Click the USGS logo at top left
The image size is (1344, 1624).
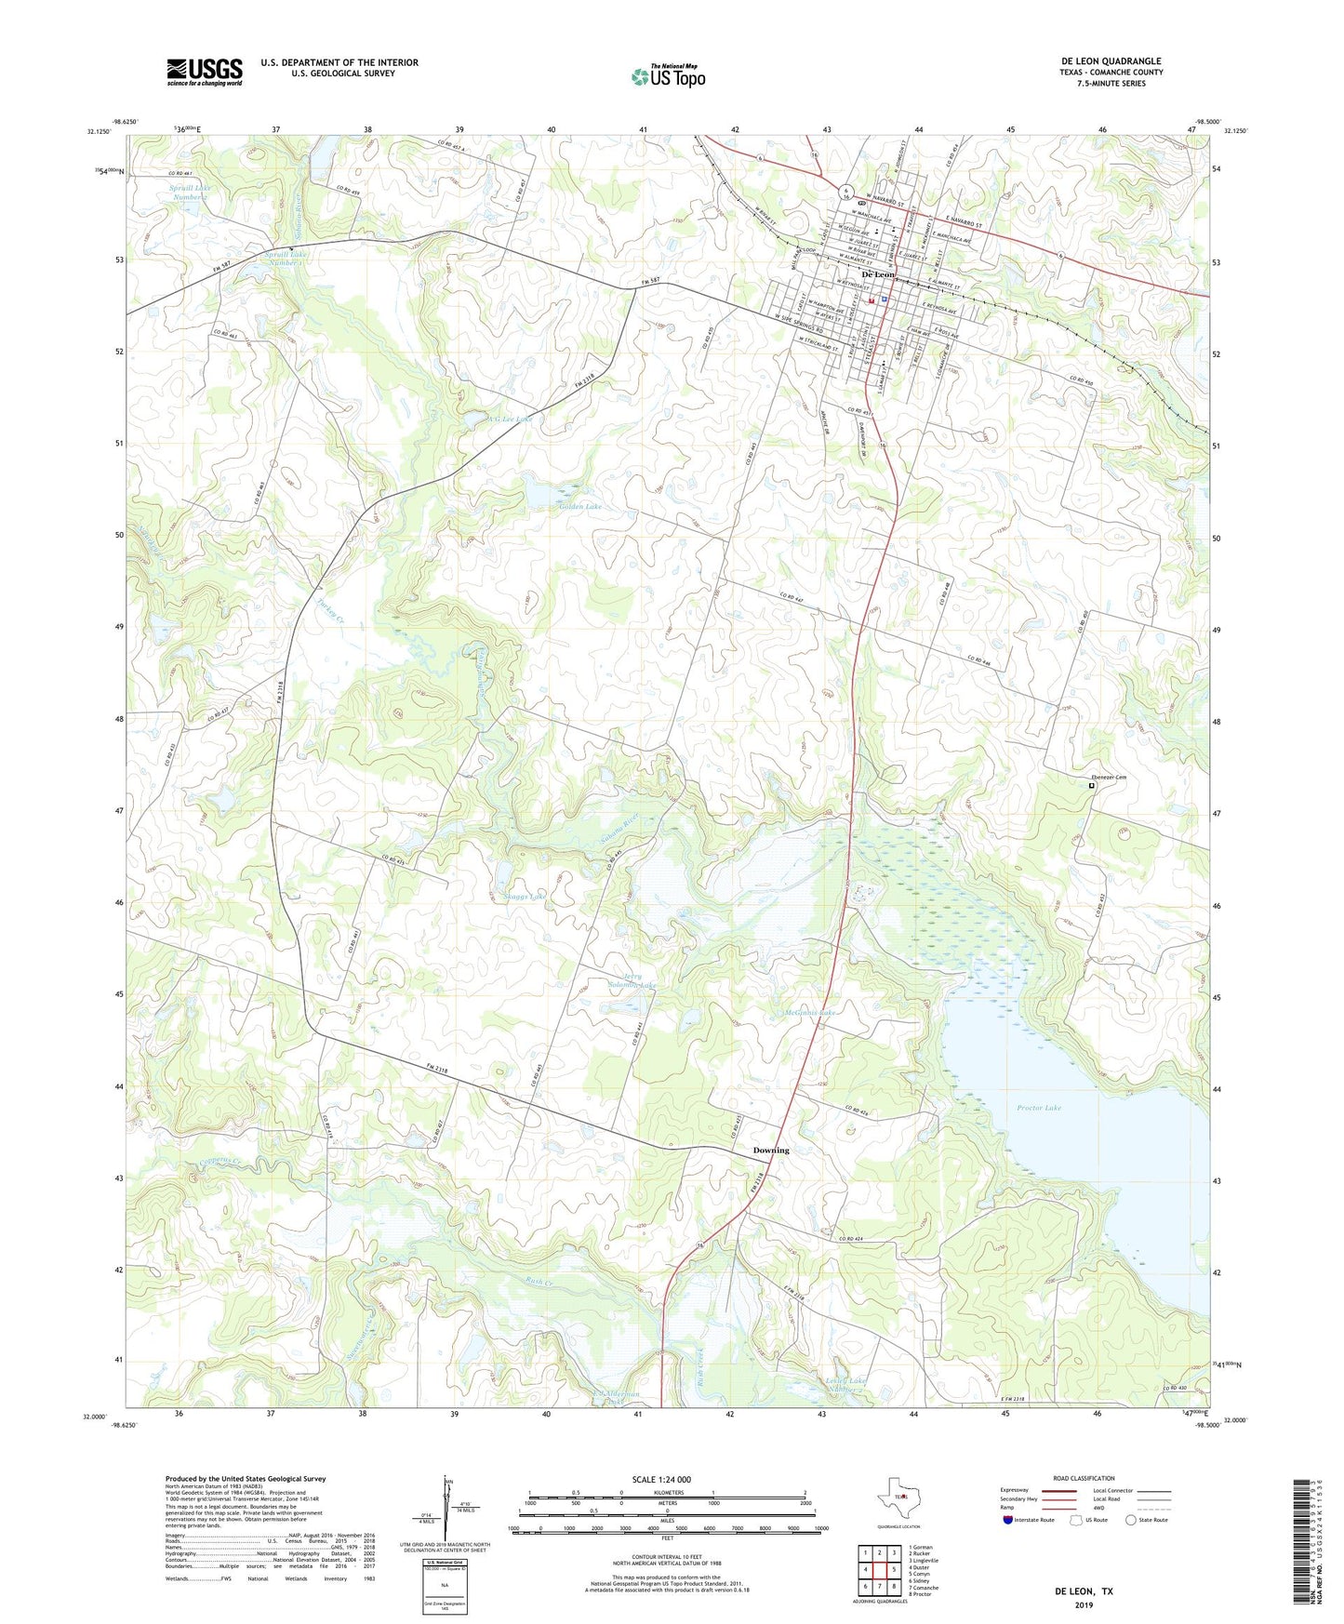pos(205,72)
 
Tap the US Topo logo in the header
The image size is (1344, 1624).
pos(668,76)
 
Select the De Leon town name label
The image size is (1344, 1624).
pos(878,275)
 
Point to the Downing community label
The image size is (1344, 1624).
pos(770,1151)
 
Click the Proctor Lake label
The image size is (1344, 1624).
pos(1039,1108)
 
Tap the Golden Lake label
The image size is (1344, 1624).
pos(580,507)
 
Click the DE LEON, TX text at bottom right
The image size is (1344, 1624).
pos(1083,1591)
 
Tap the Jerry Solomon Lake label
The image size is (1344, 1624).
pos(632,981)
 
